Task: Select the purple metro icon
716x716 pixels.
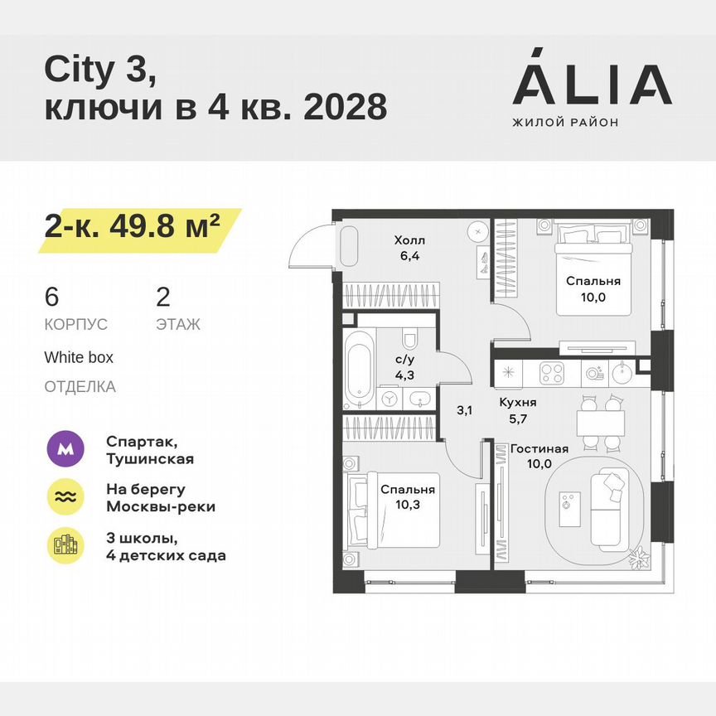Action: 65,450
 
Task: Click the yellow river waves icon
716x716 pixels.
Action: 65,497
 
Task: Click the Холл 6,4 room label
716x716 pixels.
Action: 409,249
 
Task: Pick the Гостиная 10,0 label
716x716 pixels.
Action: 539,457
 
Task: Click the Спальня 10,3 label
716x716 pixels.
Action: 407,497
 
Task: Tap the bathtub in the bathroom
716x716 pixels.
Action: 360,370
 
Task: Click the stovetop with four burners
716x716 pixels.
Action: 552,373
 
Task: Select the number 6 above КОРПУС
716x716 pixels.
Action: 53,297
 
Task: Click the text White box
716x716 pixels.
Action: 79,358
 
